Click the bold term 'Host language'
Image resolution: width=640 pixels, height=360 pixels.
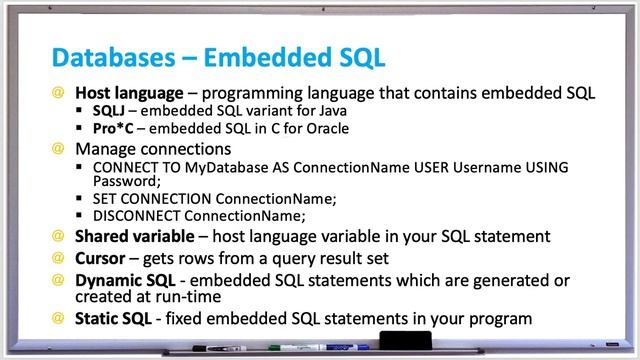(x=123, y=94)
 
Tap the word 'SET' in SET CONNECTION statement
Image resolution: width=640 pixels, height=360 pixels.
(x=103, y=198)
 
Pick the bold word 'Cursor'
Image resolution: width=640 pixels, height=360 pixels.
(x=101, y=258)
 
